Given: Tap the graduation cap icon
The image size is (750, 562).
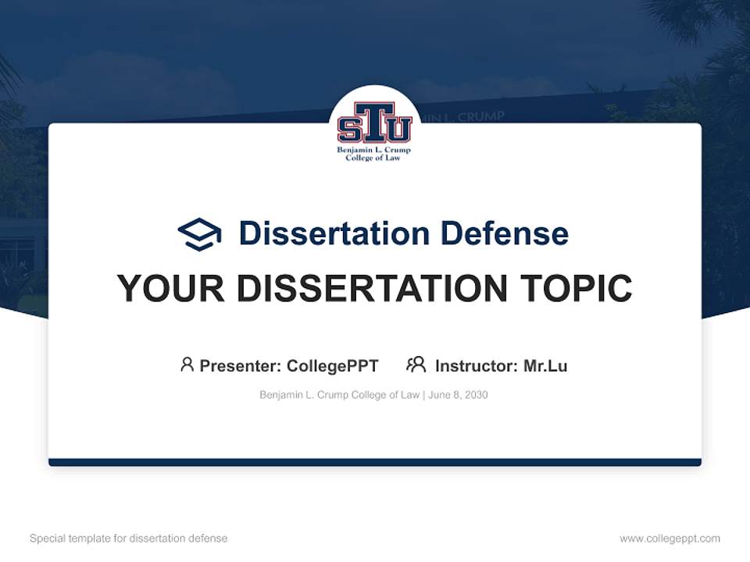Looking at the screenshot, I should point(199,233).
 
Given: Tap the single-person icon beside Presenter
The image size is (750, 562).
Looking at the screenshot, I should point(187,365).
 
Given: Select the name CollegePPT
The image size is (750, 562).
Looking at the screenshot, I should point(333,365).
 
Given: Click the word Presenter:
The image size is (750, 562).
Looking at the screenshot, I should point(240,365).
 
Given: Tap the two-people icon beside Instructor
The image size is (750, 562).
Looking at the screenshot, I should point(416,365).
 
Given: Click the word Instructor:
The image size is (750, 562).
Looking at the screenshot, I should point(476,365).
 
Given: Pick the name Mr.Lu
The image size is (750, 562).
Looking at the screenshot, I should point(545,365).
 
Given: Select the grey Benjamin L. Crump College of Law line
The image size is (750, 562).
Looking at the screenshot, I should point(340,395).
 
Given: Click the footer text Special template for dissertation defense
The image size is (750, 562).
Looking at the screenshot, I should point(129,539).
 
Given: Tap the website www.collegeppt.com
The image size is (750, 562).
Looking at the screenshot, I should point(670,539).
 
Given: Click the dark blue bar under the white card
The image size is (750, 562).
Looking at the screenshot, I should point(375,462).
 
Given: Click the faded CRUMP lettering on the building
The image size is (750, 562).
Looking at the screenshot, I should point(477,116).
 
